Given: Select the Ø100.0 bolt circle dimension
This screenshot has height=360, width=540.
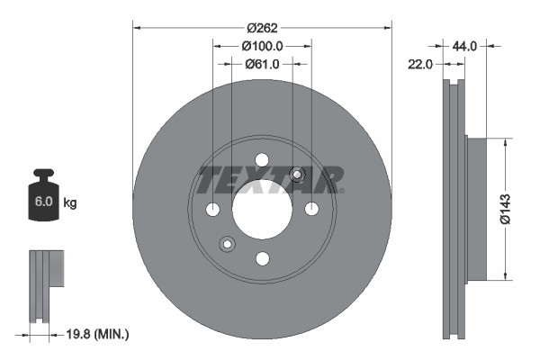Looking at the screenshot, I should pyautogui.click(x=263, y=45).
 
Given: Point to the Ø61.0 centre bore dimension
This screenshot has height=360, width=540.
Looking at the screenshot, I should pyautogui.click(x=263, y=64).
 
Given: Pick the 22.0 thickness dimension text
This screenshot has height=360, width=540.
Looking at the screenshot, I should pyautogui.click(x=421, y=64).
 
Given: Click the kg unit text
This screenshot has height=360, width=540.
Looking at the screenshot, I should pyautogui.click(x=70, y=203).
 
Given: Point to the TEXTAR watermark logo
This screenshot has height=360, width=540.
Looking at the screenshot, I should pyautogui.click(x=270, y=179).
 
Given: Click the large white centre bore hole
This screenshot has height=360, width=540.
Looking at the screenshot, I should pyautogui.click(x=262, y=210).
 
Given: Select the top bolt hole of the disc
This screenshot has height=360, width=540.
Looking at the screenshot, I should pyautogui.click(x=262, y=160).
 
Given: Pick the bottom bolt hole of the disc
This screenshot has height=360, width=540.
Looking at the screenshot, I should pyautogui.click(x=262, y=259).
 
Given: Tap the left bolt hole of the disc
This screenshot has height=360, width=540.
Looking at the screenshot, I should pyautogui.click(x=213, y=210).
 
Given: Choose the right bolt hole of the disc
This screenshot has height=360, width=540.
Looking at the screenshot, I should pyautogui.click(x=311, y=210).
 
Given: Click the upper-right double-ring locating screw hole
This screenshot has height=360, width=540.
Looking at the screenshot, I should pyautogui.click(x=298, y=175).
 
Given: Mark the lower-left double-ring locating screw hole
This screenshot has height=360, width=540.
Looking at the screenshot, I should pyautogui.click(x=227, y=243).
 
